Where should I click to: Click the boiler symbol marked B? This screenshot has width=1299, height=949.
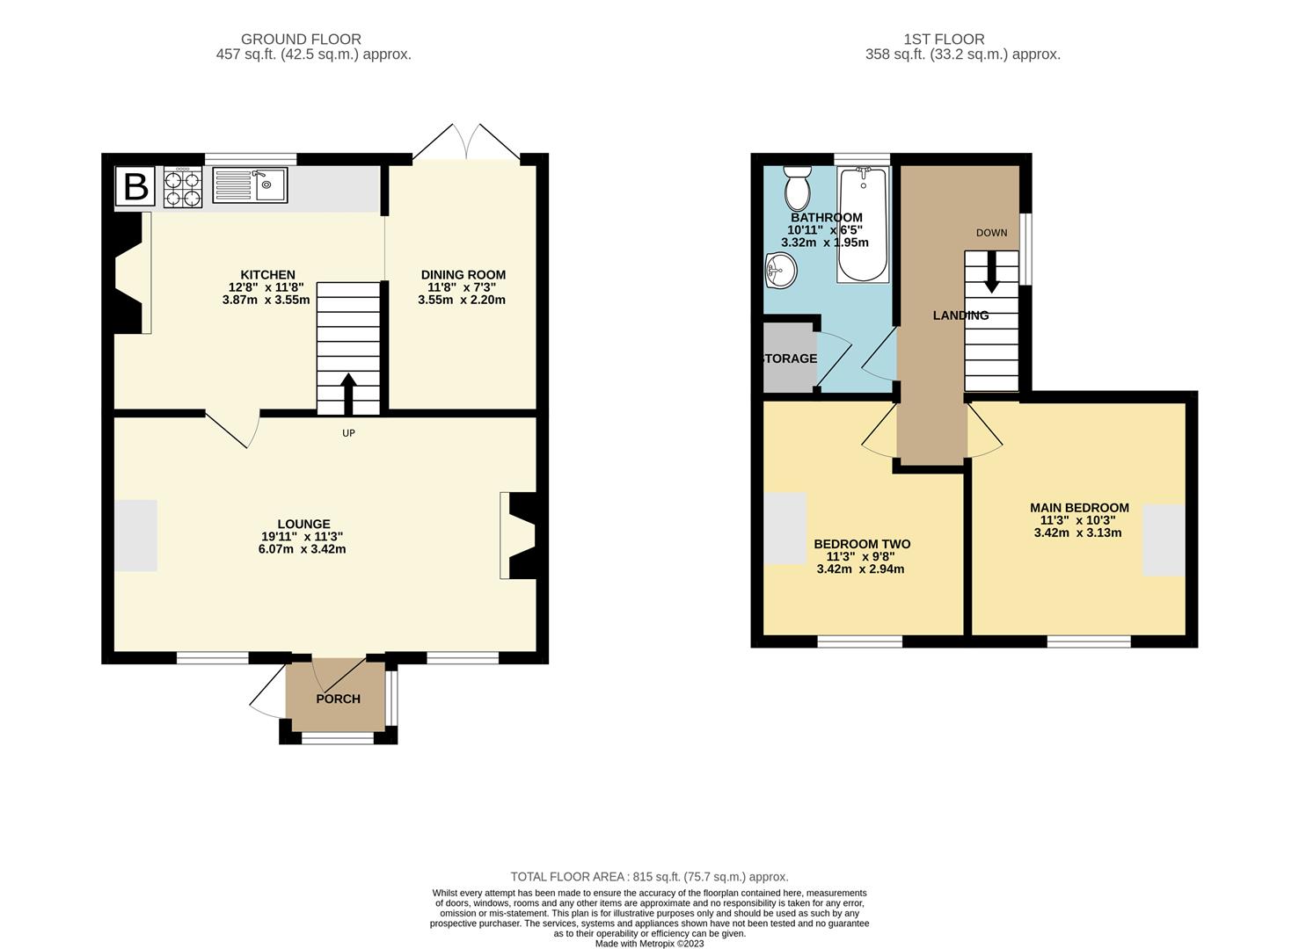pos(135,186)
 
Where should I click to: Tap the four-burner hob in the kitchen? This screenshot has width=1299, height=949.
pos(183,186)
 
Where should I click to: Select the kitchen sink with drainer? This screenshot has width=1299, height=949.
pos(250,185)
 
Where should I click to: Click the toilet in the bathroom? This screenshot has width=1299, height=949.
pos(798,188)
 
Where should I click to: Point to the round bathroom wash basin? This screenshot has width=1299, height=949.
pos(781,270)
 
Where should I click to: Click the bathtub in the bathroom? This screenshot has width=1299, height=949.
pos(863,224)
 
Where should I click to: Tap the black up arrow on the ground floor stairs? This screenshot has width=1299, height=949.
pos(348,394)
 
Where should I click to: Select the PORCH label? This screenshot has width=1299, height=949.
pos(338,699)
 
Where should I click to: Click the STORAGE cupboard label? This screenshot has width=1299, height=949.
pos(789,359)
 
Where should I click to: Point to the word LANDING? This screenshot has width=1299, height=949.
pos(961,315)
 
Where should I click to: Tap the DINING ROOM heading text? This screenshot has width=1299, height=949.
pos(463,275)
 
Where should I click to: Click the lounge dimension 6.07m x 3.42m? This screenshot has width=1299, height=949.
pos(303,548)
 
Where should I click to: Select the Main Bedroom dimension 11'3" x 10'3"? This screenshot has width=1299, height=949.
pos(1077,520)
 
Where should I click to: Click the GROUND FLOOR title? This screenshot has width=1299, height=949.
pos(301,40)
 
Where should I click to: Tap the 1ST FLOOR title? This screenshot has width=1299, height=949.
pos(944,40)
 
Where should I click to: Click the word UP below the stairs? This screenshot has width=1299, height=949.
pos(348,433)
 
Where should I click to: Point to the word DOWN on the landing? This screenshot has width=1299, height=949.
pos(992,233)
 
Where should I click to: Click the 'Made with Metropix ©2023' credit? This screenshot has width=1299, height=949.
pos(649,943)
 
